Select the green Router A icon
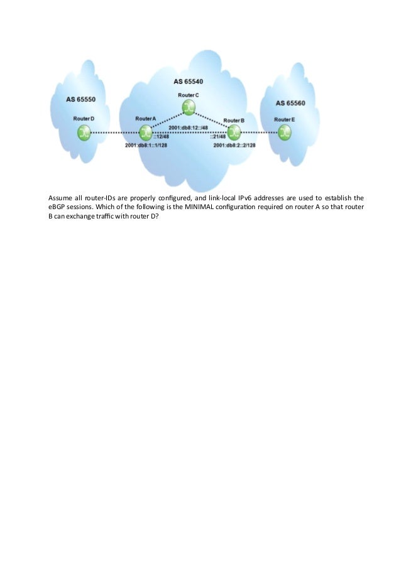pyautogui.click(x=146, y=132)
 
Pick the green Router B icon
pyautogui.click(x=234, y=132)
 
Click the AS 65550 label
pyautogui.click(x=85, y=99)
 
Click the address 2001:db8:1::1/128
pyautogui.click(x=146, y=146)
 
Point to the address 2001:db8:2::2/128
pyautogui.click(x=234, y=146)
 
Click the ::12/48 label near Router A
pyautogui.click(x=160, y=138)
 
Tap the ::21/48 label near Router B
pyautogui.click(x=219, y=138)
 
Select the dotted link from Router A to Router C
pyautogui.click(x=167, y=121)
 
